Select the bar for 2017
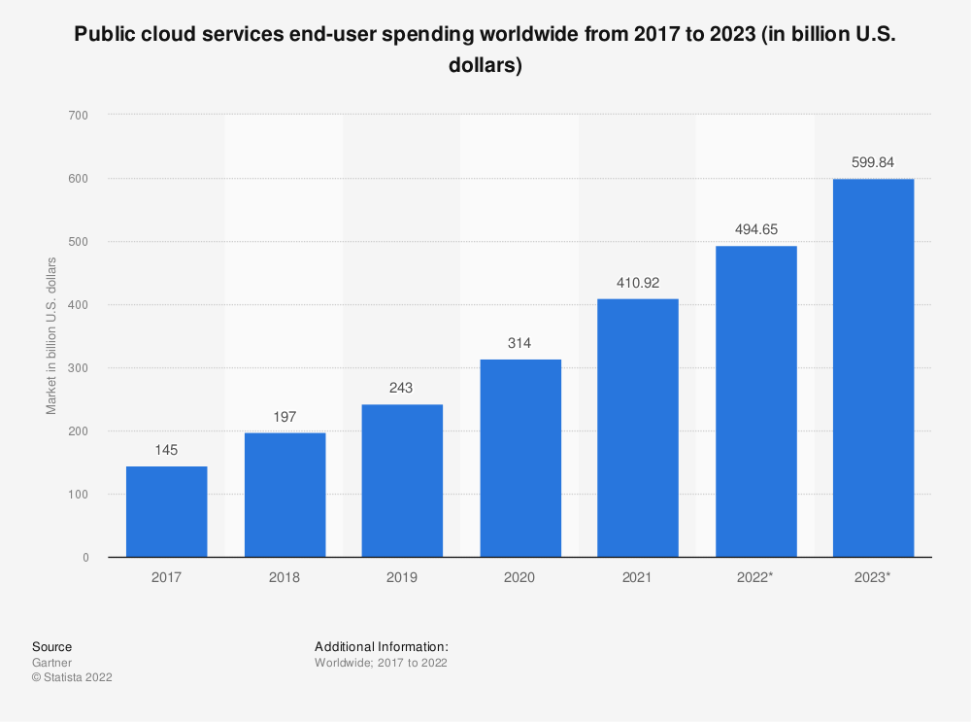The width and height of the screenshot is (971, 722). click(166, 511)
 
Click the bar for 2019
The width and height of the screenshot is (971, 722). click(402, 480)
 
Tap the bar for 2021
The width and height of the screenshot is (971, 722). click(638, 428)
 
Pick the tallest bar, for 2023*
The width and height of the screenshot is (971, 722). click(873, 367)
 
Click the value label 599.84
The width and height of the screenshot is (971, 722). click(873, 163)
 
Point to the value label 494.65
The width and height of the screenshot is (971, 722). click(755, 230)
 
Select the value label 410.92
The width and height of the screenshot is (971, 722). click(638, 283)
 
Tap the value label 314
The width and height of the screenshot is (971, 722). click(519, 344)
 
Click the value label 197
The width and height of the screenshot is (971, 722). click(285, 418)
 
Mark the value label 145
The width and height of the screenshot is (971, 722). click(166, 451)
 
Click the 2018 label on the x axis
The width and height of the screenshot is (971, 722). click(285, 577)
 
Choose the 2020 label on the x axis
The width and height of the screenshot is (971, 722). click(519, 577)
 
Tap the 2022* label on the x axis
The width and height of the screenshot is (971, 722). click(755, 577)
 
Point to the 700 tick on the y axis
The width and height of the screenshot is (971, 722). click(79, 116)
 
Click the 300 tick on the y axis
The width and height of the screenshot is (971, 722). click(79, 368)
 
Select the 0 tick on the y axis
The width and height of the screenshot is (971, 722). click(85, 558)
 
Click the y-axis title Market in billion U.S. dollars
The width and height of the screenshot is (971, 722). click(51, 336)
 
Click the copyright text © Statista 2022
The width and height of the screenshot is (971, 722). click(72, 678)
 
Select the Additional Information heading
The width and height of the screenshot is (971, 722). click(382, 646)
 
